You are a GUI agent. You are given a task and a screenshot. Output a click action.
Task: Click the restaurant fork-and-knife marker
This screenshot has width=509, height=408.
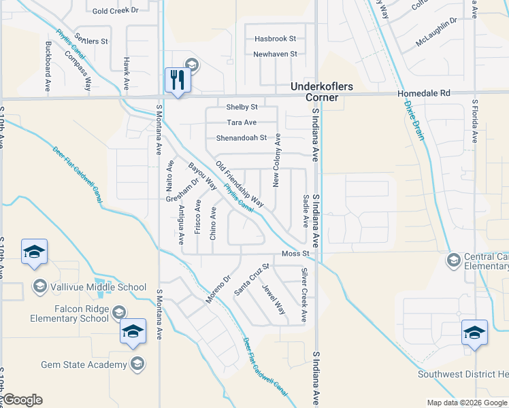178,80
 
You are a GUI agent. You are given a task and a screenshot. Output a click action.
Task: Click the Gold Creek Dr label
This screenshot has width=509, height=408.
115,11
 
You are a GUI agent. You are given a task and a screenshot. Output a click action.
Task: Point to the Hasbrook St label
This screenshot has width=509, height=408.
275,39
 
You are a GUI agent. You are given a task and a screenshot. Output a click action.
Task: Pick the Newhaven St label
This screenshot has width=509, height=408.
275,54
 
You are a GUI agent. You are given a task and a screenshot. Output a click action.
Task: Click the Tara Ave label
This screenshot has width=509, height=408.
242,122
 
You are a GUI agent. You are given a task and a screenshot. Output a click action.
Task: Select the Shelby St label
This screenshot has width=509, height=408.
242,107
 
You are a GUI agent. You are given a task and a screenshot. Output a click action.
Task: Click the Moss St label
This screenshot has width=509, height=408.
296,254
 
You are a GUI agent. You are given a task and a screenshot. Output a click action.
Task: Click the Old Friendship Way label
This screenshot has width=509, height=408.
240,184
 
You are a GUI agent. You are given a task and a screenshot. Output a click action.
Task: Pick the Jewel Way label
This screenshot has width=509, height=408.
274,299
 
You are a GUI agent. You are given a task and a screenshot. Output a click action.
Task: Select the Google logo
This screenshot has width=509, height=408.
22,400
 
